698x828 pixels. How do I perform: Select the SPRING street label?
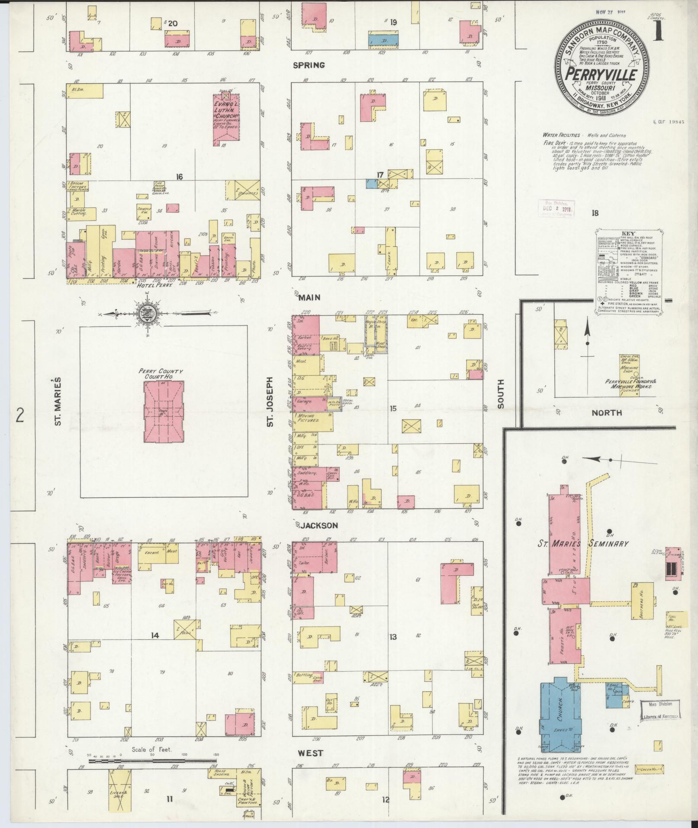(309, 65)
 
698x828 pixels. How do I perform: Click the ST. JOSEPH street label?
(270, 401)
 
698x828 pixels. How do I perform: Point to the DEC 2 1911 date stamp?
(556, 208)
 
